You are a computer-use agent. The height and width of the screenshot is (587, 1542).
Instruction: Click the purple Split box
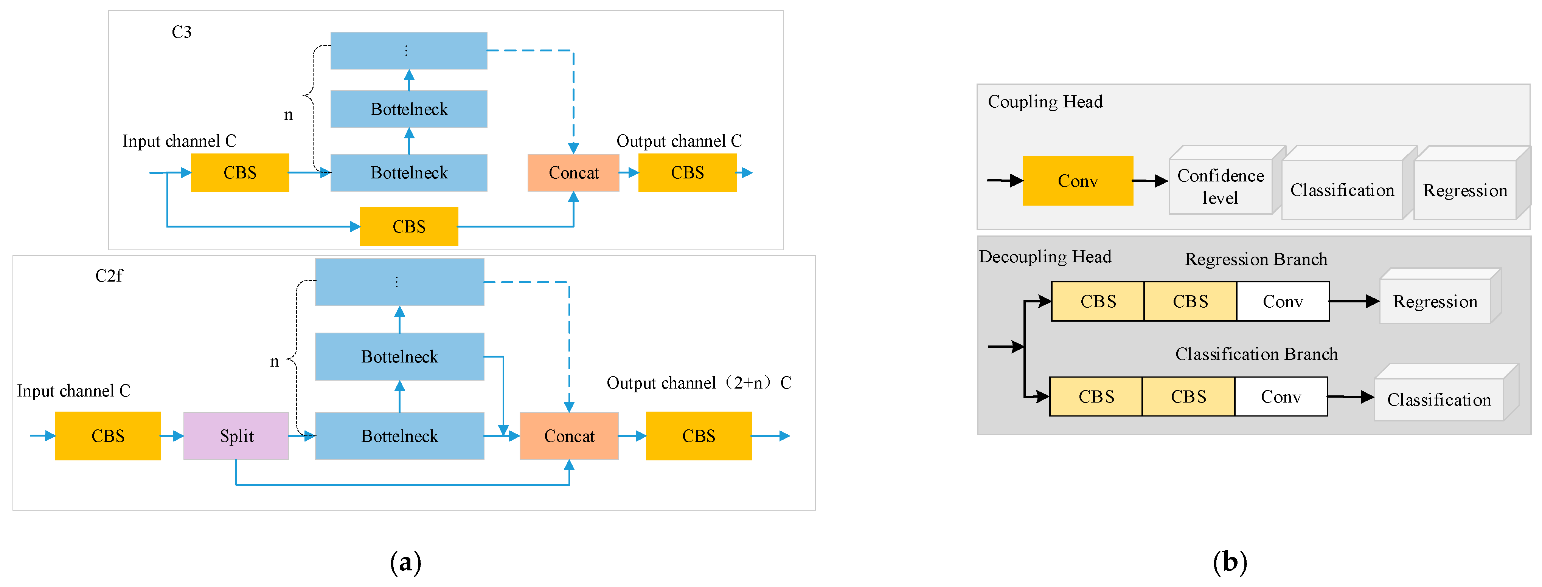click(236, 435)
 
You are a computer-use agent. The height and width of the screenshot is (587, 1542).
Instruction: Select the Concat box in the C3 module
click(573, 173)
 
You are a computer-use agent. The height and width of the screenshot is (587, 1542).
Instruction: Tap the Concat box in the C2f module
click(569, 435)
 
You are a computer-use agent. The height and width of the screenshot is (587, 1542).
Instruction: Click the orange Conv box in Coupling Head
click(1078, 181)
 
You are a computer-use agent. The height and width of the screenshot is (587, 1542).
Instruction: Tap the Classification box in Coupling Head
click(1342, 190)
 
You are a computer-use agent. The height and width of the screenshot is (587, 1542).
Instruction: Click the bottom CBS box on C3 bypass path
click(409, 226)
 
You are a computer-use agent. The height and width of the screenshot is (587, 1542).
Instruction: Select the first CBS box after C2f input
click(108, 435)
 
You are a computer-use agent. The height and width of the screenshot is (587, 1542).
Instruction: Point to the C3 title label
click(182, 32)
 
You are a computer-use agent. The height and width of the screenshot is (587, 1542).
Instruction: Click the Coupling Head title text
click(1045, 102)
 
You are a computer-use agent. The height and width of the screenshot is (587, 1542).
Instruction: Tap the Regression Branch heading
click(1255, 259)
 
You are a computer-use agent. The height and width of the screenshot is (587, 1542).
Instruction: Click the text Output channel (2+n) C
click(699, 383)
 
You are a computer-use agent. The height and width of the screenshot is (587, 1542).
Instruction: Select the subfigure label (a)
click(405, 562)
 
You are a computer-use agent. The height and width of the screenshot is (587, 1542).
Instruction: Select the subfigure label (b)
click(1230, 562)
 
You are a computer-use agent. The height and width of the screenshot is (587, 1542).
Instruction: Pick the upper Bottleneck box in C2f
click(399, 357)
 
